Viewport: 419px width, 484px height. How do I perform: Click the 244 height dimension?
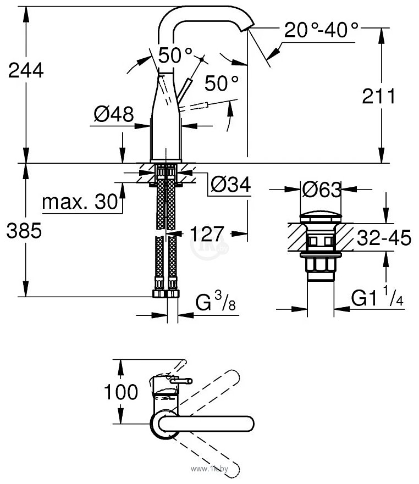[x=23, y=71]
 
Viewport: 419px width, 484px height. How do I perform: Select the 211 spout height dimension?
[x=379, y=97]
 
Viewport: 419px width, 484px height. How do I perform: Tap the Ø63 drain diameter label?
[x=321, y=190]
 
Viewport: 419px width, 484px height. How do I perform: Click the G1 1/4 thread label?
[x=378, y=299]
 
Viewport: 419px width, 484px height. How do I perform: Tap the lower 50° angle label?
[x=221, y=83]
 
